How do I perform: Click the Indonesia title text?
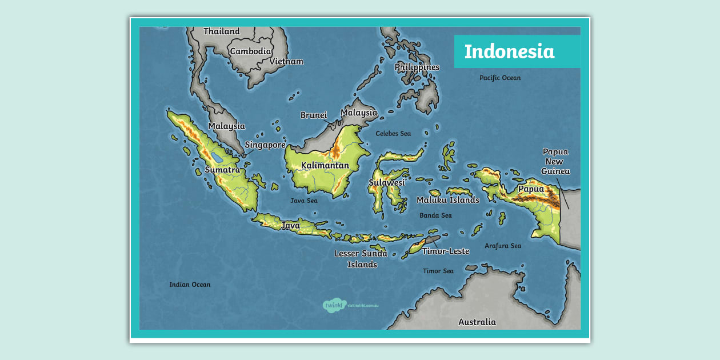click(x=509, y=51)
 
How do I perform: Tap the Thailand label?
click(x=221, y=31)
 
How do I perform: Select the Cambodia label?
click(x=250, y=51)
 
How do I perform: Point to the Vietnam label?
click(x=286, y=62)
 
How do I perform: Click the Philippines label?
click(x=417, y=67)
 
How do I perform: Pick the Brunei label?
click(x=314, y=115)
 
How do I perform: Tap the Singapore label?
click(x=265, y=145)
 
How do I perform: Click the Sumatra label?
click(x=222, y=170)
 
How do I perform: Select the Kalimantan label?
click(x=325, y=166)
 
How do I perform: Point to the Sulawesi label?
click(x=386, y=183)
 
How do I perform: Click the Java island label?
click(x=290, y=226)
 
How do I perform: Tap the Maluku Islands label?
click(x=447, y=200)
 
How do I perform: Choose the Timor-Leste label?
click(x=446, y=251)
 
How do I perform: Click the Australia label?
click(x=477, y=322)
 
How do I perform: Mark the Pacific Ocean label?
click(x=500, y=78)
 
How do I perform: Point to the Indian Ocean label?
click(x=190, y=285)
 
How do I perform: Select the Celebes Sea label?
click(x=393, y=134)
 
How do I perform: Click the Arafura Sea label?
click(x=503, y=246)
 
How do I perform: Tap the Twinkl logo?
click(x=335, y=305)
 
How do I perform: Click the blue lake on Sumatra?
click(x=217, y=155)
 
